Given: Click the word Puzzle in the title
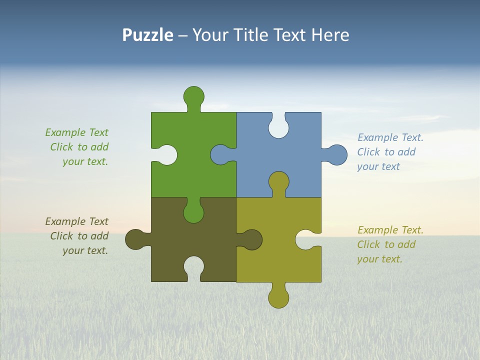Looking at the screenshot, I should [x=147, y=35].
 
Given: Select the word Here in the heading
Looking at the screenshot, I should [x=330, y=35].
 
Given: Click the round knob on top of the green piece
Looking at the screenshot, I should [x=193, y=96].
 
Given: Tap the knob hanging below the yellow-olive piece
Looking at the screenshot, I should [x=278, y=298].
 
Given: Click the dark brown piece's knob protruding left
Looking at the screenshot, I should [x=135, y=239].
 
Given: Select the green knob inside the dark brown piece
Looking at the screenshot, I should [x=193, y=212].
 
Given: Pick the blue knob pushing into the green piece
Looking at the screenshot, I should [x=219, y=154].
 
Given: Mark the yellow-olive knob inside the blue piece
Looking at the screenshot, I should [x=278, y=181].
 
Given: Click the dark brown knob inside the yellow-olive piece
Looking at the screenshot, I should [x=252, y=239].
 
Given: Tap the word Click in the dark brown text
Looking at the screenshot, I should [x=62, y=236].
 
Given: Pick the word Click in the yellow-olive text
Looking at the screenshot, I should [x=368, y=244].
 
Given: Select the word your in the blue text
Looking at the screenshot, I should [x=367, y=166].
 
